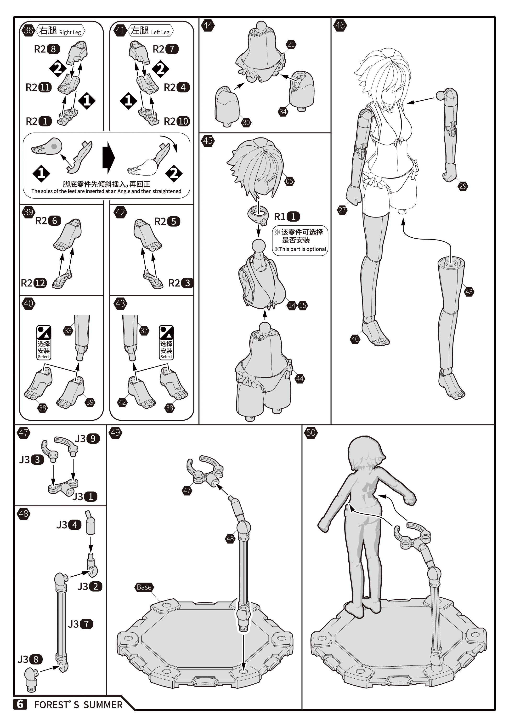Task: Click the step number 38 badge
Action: point(28,30)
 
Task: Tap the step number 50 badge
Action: point(311,433)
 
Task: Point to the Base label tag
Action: point(144,587)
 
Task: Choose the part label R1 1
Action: point(287,217)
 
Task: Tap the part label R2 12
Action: point(34,283)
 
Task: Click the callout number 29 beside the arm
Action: point(463,186)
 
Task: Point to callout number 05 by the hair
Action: point(289,181)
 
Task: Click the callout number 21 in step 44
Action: point(291,44)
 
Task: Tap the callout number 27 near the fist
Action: point(342,210)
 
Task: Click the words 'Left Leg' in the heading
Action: point(160,32)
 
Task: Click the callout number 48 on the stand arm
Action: point(230,538)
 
